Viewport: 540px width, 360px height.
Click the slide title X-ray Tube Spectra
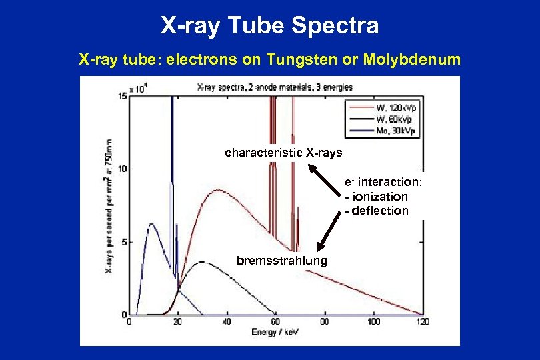tap(269, 26)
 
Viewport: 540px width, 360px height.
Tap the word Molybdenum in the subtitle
tap(412, 60)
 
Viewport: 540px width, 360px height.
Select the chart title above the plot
tap(275, 87)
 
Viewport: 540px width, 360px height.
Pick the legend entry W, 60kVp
tap(393, 119)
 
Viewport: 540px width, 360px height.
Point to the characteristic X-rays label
tap(283, 153)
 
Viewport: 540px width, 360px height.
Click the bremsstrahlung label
tap(282, 260)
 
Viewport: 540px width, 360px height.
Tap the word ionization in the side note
tap(379, 197)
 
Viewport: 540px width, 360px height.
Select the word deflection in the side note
tap(380, 211)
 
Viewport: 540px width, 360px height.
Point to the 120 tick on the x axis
tap(422, 322)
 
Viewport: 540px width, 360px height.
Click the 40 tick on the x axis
tap(227, 322)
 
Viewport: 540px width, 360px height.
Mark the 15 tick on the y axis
tap(123, 97)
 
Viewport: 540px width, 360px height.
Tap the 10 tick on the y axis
tap(123, 169)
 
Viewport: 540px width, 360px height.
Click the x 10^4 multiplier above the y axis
tap(138, 88)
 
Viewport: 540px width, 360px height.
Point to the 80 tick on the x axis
tap(325, 322)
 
